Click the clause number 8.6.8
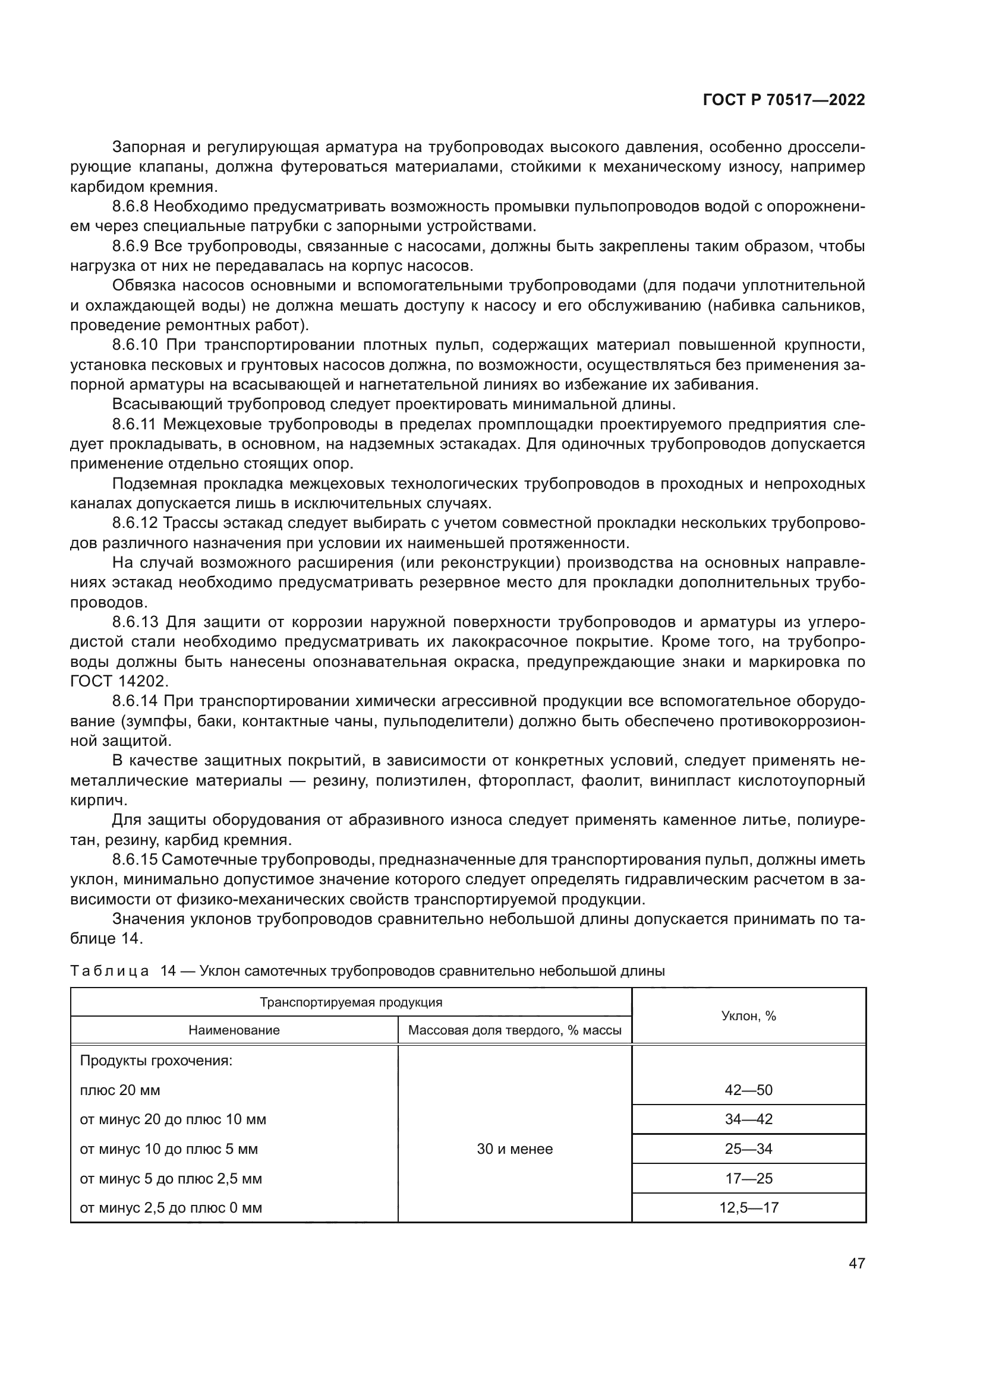(130, 207)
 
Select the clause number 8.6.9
(130, 246)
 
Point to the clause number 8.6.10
(134, 346)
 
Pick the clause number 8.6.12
(134, 523)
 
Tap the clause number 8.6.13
(134, 622)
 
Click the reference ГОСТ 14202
(118, 681)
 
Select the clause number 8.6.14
(134, 701)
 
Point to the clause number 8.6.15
(134, 860)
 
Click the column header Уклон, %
(748, 1015)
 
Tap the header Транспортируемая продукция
(351, 1002)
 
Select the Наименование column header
(234, 1030)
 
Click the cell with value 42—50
(748, 1090)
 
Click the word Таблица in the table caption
(109, 971)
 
